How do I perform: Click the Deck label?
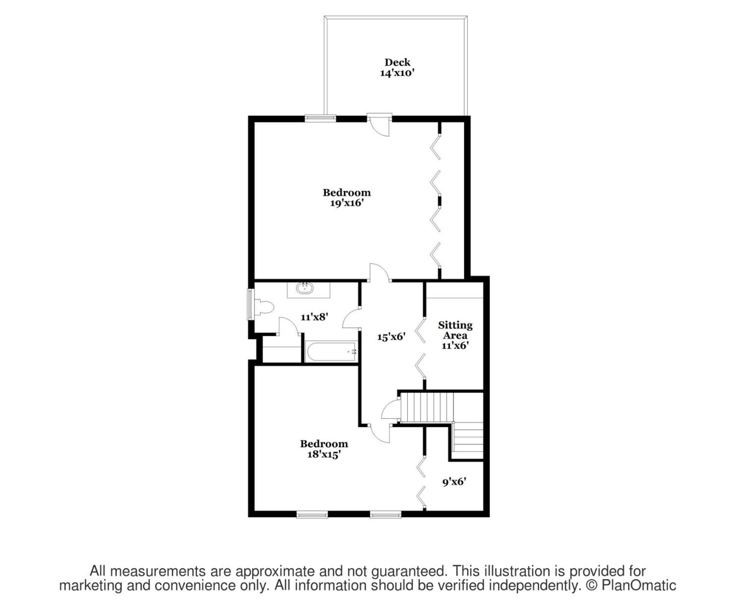coord(397,62)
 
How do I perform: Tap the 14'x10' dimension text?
coord(397,73)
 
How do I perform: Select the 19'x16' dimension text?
coord(347,203)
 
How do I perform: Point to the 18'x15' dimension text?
coord(324,454)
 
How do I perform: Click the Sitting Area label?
coord(455,330)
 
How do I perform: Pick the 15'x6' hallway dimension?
coord(391,337)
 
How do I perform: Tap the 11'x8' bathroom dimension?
coord(314,317)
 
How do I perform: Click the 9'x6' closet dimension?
coord(455,482)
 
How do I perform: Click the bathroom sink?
coord(305,288)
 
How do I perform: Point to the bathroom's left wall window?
coord(250,304)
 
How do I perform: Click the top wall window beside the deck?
coord(320,119)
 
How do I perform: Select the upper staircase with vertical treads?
coord(427,407)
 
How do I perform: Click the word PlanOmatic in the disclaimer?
coord(639,585)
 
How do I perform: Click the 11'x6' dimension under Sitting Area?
coord(455,345)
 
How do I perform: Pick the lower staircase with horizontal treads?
coord(468,441)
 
